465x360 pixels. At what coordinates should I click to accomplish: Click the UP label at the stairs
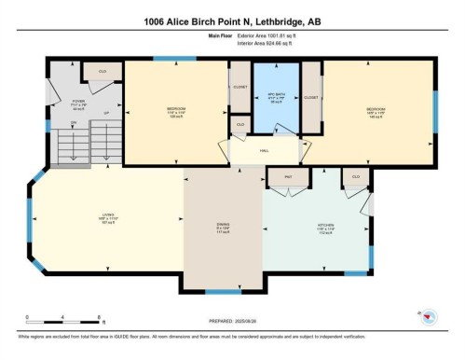pos(106,114)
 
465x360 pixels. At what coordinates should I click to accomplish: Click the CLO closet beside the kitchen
pos(355,176)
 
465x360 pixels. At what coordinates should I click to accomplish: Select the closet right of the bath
pos(311,96)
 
